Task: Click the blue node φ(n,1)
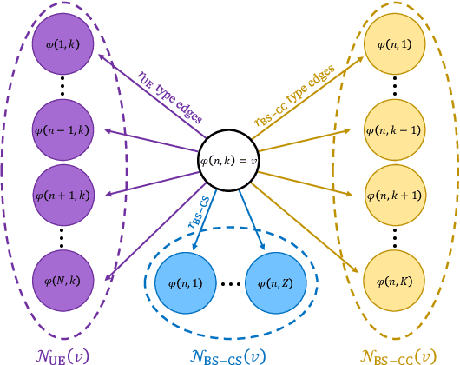click(184, 282)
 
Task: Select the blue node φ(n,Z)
click(276, 282)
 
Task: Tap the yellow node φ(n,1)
click(394, 44)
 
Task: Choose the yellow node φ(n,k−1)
click(394, 130)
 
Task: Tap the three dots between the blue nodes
click(230, 282)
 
